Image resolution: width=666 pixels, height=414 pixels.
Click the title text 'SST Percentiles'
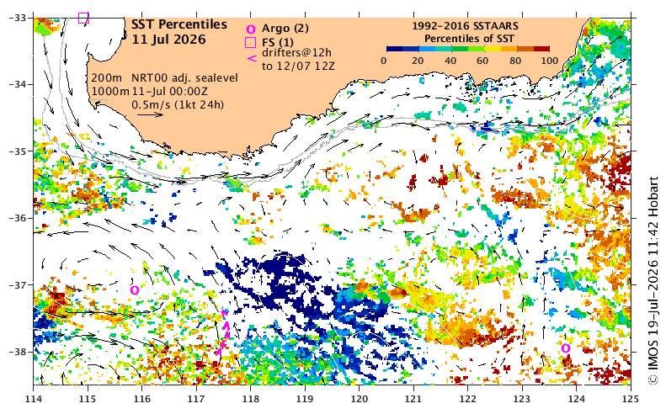[x=179, y=24]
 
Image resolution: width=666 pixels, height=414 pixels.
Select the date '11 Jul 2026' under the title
[x=168, y=40]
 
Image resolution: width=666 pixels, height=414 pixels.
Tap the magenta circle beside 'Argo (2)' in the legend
[x=251, y=29]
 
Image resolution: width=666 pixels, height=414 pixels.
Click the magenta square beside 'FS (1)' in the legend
[x=251, y=42]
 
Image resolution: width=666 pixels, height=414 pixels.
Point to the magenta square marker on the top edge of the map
[x=83, y=18]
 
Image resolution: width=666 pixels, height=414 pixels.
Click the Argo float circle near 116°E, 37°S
[x=135, y=290]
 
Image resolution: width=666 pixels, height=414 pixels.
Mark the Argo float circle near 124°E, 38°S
[x=566, y=348]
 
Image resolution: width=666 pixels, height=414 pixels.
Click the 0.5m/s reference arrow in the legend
[x=151, y=114]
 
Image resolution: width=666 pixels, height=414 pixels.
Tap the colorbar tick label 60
[x=482, y=61]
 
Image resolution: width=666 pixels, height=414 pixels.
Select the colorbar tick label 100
[x=549, y=61]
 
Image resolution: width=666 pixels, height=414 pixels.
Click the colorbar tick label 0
[x=384, y=61]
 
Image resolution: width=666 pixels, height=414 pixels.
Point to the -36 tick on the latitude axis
[x=17, y=218]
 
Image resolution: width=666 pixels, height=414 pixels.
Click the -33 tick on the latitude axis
[x=17, y=18]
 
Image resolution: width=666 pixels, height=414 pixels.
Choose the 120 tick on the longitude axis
[x=360, y=399]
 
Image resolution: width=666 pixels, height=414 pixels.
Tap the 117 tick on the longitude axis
[x=196, y=399]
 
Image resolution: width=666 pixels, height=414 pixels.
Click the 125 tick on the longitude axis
[x=631, y=399]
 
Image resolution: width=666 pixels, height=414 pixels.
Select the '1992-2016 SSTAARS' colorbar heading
[x=465, y=26]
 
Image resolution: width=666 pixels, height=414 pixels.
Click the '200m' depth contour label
[x=107, y=78]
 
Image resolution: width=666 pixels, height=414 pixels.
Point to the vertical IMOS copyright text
[x=653, y=281]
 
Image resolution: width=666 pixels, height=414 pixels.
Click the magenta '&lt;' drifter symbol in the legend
[x=252, y=59]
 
